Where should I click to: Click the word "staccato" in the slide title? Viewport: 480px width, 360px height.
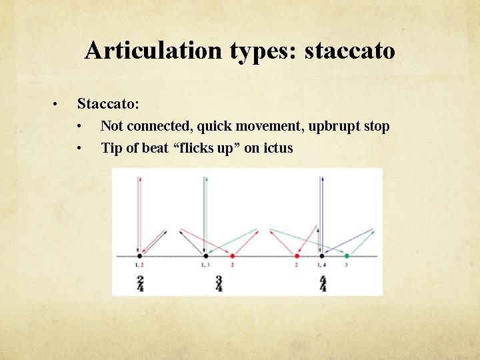(x=349, y=50)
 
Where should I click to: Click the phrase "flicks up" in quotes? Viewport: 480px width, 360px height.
(x=209, y=148)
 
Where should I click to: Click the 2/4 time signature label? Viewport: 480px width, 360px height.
(x=139, y=283)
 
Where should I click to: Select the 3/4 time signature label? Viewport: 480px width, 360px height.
(x=219, y=283)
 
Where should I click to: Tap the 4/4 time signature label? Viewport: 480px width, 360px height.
(x=323, y=283)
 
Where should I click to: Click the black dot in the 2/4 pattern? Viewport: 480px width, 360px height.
(x=139, y=256)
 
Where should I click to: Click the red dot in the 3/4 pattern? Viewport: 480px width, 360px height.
(x=232, y=256)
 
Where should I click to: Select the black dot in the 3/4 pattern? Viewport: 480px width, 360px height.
(x=206, y=256)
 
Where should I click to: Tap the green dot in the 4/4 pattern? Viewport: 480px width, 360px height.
(x=346, y=256)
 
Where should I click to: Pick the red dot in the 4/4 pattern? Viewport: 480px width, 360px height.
(x=297, y=256)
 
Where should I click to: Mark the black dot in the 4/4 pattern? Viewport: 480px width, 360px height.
(x=322, y=256)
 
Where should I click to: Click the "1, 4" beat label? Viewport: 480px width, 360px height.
(x=321, y=265)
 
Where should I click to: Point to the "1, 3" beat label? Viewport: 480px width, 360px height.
(x=205, y=265)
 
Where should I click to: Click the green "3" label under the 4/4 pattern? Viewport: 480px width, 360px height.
(x=346, y=265)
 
